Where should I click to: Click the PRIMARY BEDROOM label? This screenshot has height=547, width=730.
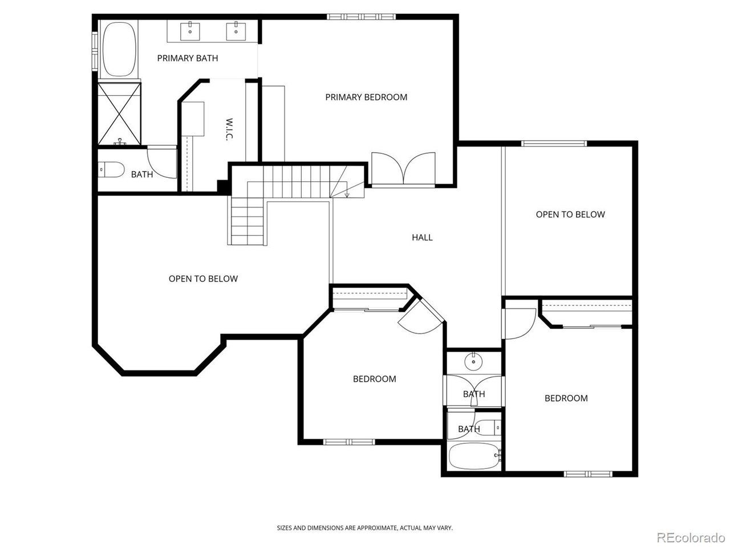coord(366,97)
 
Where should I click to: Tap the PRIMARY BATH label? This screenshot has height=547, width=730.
coord(187,58)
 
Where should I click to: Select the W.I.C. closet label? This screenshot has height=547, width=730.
coord(229,130)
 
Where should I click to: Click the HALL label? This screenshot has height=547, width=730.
coord(422,238)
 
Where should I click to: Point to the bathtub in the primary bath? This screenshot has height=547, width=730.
coord(119,50)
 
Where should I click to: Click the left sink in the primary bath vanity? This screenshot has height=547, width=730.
coord(190,31)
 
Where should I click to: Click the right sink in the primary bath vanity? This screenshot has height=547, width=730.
coord(235,31)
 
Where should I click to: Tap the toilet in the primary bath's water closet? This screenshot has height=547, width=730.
coord(111,169)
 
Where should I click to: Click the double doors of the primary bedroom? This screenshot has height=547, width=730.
coord(403,169)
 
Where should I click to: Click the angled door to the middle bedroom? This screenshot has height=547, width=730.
coord(422,319)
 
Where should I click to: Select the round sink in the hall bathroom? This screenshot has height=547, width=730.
coord(473,361)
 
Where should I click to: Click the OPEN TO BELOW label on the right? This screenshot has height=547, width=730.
coord(570,215)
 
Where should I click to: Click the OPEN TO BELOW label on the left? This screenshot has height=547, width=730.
coord(203,279)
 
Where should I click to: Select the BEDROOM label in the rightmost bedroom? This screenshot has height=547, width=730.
coord(566,398)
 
